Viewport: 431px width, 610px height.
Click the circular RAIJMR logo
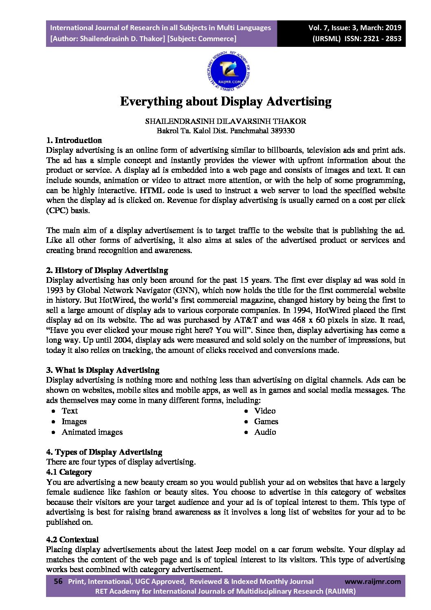tap(229, 72)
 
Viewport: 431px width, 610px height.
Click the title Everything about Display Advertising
tap(226, 101)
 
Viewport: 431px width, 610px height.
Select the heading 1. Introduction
tap(74, 141)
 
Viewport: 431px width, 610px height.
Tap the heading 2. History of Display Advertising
tap(107, 271)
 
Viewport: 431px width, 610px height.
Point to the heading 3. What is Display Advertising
tap(103, 370)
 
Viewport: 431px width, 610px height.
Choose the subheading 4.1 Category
tap(69, 472)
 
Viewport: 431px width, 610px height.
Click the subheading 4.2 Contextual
tap(73, 540)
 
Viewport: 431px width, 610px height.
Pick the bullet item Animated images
tap(92, 432)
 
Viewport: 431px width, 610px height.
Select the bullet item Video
tap(265, 411)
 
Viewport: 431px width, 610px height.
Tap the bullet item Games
tap(266, 422)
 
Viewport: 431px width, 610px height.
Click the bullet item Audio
tap(265, 432)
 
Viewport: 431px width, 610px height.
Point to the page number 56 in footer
tap(58, 581)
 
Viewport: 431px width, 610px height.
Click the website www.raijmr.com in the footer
tap(373, 581)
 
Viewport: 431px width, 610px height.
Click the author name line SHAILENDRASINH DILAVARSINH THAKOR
tap(226, 121)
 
